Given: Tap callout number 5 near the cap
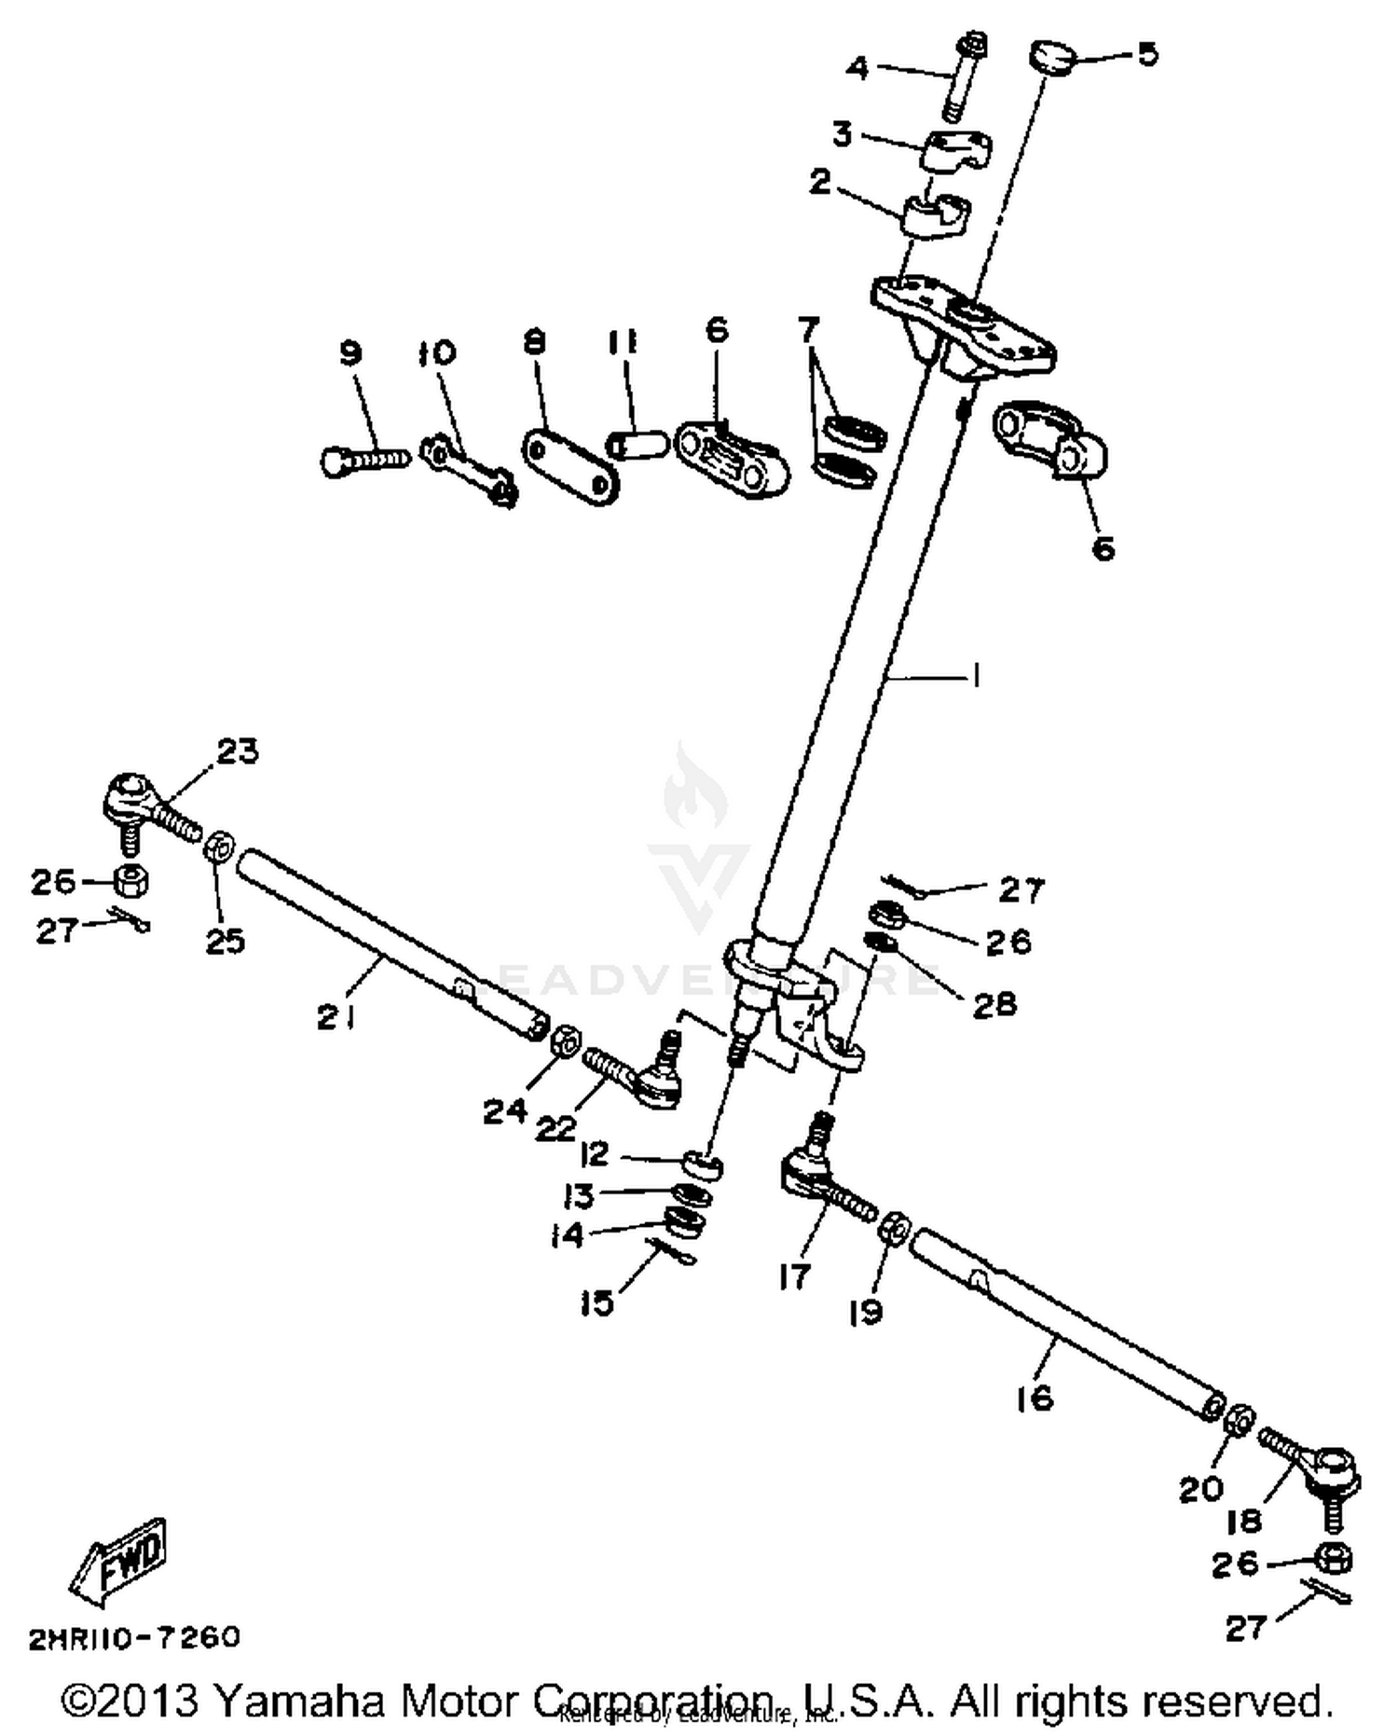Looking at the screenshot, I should (1147, 54).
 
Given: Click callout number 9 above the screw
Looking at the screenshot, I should (349, 354).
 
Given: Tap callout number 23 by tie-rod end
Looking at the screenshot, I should (238, 751).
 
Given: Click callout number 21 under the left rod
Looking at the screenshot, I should (336, 1018).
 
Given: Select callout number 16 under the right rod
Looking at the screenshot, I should (1035, 1398).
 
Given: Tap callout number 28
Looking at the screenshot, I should (994, 1003).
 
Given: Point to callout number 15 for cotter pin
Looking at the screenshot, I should (596, 1302).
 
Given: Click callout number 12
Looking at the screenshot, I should (594, 1155).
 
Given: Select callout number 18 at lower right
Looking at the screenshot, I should (1244, 1522).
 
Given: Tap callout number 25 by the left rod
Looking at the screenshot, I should (225, 941).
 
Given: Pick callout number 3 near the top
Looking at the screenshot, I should (842, 134).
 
